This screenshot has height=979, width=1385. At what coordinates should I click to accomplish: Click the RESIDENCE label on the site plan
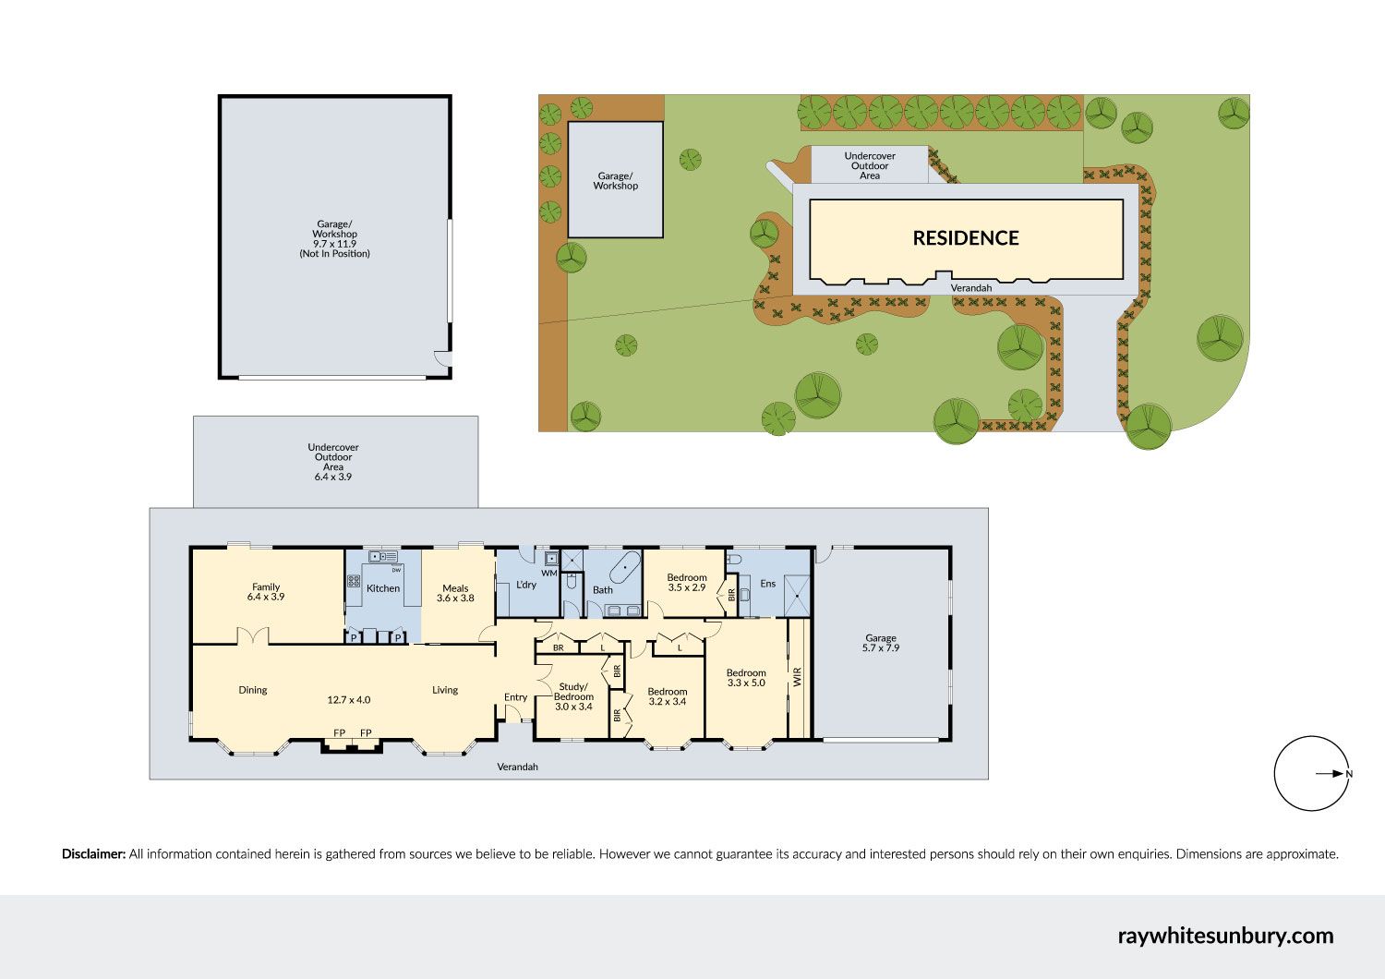(x=966, y=238)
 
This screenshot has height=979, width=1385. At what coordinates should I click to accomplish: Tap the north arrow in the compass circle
(x=1329, y=773)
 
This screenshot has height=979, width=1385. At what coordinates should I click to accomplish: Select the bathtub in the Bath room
(x=626, y=566)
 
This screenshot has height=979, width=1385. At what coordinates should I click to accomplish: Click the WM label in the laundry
(x=549, y=574)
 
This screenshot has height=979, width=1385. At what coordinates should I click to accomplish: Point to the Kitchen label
(x=383, y=588)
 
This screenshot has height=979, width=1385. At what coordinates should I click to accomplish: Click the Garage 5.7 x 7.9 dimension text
(x=881, y=648)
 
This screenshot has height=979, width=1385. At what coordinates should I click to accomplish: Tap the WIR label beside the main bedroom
(x=797, y=677)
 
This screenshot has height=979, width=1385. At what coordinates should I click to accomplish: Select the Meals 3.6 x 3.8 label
(x=455, y=593)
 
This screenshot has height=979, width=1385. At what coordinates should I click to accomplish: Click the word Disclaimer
(x=93, y=854)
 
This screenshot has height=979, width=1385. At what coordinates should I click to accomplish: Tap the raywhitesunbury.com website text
(x=1225, y=936)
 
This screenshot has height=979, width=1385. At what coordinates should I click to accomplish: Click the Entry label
(x=515, y=697)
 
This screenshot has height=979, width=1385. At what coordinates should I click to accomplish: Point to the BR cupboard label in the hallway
(x=559, y=648)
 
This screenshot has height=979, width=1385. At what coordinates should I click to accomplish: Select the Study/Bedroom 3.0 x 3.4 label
(x=573, y=696)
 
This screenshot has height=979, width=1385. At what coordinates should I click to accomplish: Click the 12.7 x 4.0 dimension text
(x=349, y=700)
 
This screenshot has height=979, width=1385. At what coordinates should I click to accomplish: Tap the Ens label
(x=767, y=583)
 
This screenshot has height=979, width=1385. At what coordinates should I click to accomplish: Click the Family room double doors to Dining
(x=253, y=637)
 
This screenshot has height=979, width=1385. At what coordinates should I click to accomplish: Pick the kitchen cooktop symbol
(x=354, y=581)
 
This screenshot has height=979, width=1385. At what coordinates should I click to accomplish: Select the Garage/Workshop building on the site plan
(x=615, y=179)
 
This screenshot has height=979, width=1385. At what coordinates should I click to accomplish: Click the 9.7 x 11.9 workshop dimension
(x=334, y=244)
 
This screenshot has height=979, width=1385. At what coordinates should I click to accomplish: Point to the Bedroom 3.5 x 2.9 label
(x=686, y=583)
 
